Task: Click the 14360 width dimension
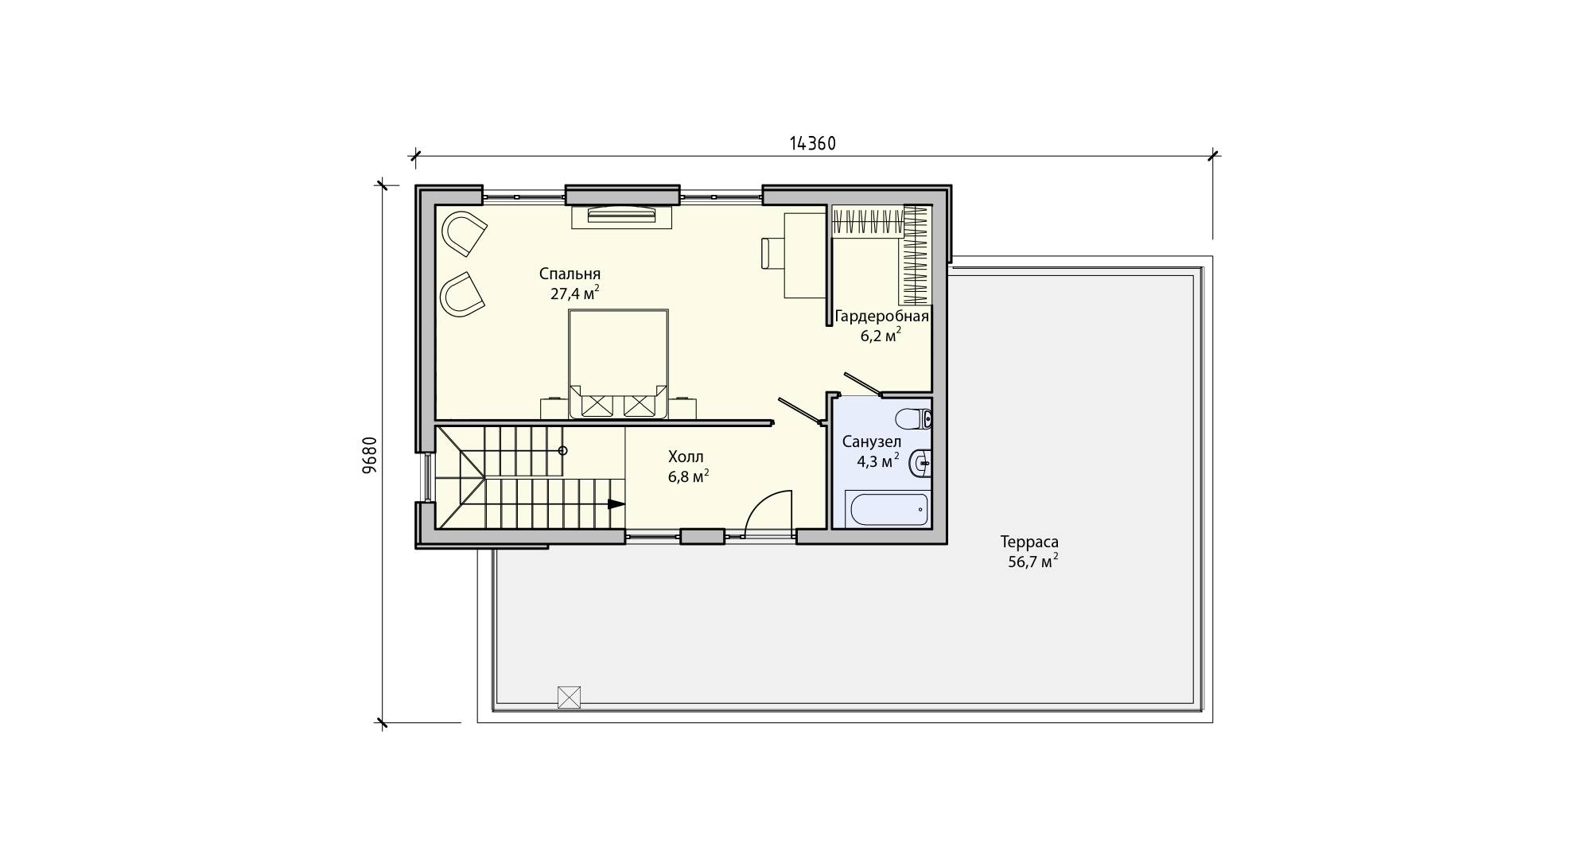click(812, 143)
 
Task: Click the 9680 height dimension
click(369, 456)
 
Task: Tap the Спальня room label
click(570, 274)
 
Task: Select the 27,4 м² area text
click(574, 293)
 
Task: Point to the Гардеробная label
click(882, 317)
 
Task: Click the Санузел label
click(871, 441)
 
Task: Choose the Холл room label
click(686, 457)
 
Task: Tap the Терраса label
click(1029, 542)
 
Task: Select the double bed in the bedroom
click(618, 363)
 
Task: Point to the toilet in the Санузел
click(913, 418)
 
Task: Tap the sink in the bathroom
click(920, 462)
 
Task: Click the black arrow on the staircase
click(616, 503)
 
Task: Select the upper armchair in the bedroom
click(464, 233)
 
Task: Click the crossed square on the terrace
click(569, 697)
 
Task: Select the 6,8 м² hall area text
click(689, 476)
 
